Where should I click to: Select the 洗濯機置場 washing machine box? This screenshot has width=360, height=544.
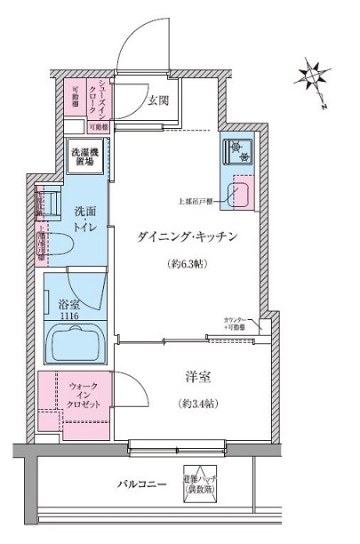(x=86, y=156)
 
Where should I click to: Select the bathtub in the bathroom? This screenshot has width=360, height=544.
(x=76, y=345)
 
